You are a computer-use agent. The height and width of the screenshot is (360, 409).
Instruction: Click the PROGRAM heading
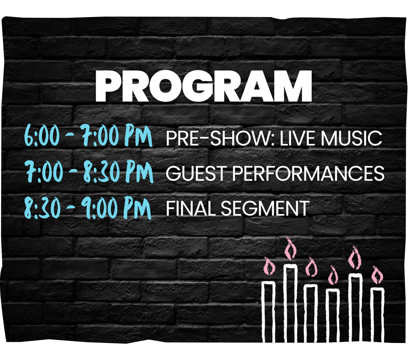pyautogui.click(x=203, y=86)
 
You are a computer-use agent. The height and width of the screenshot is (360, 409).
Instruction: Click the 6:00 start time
pyautogui.click(x=41, y=137)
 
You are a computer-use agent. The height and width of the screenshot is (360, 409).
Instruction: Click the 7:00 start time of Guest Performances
pyautogui.click(x=42, y=172)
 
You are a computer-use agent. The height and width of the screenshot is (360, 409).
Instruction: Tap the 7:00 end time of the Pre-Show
pyautogui.click(x=99, y=137)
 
